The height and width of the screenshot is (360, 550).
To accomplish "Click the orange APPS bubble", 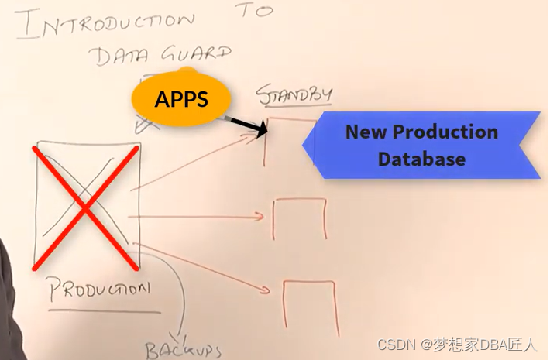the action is click(182, 99).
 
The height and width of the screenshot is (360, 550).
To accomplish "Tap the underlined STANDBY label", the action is click(294, 94).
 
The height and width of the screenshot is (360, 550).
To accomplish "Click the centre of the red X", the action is click(85, 207).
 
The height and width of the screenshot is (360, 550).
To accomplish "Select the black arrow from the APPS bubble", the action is click(248, 124).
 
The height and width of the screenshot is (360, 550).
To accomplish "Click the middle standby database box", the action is click(299, 218).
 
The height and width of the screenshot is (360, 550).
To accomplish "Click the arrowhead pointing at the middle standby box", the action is click(262, 218).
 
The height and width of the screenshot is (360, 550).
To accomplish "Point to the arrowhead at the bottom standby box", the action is click(268, 291).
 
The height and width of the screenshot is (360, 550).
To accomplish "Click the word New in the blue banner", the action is click(365, 132).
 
